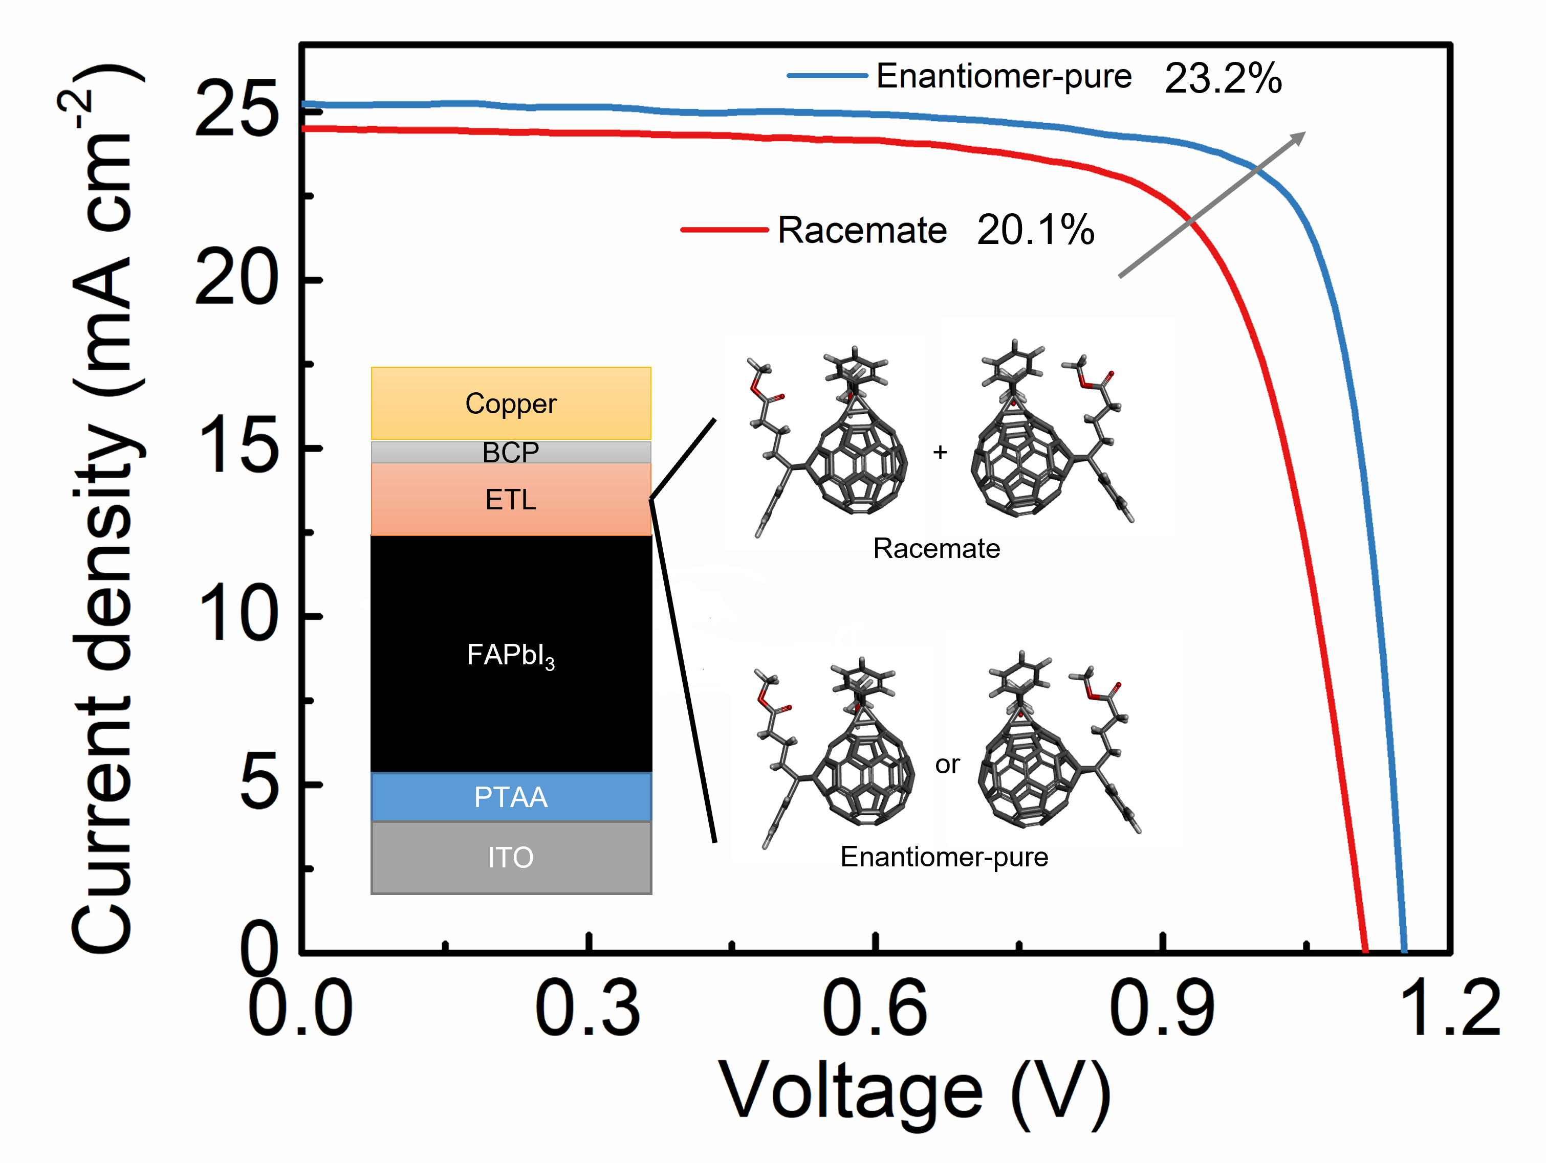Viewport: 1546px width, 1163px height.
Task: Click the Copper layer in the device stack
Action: [x=510, y=404]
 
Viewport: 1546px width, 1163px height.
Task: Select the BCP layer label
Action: [x=510, y=453]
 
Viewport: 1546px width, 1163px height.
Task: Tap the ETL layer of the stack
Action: [x=510, y=500]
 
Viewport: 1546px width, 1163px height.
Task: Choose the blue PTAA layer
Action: [x=510, y=797]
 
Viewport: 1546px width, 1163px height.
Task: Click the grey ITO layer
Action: [x=510, y=857]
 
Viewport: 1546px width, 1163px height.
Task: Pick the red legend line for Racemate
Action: [x=724, y=229]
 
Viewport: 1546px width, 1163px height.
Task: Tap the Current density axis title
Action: [x=105, y=510]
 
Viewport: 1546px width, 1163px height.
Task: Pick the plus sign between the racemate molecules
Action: [x=940, y=453]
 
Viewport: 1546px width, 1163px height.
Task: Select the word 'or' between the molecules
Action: [x=947, y=765]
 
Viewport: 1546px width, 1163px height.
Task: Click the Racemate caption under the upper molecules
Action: [x=936, y=548]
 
